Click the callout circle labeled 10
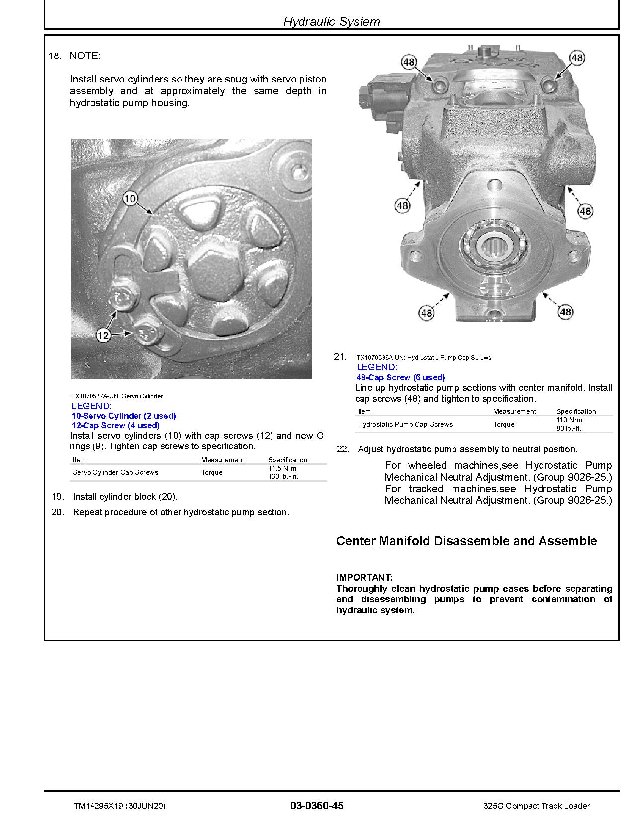coord(129,199)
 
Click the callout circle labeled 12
coord(103,336)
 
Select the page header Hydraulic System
coord(332,21)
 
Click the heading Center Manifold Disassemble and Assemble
coord(466,541)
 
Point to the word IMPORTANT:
coord(364,577)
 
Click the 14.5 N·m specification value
coord(282,469)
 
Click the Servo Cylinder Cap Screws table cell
coord(115,472)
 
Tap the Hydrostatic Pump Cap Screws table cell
coord(405,424)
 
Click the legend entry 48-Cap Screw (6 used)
coord(400,377)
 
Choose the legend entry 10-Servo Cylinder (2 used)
coord(123,416)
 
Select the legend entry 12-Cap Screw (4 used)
coord(115,425)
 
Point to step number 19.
coord(58,497)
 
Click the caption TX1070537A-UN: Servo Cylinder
coord(117,396)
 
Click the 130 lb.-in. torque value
coord(283,476)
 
